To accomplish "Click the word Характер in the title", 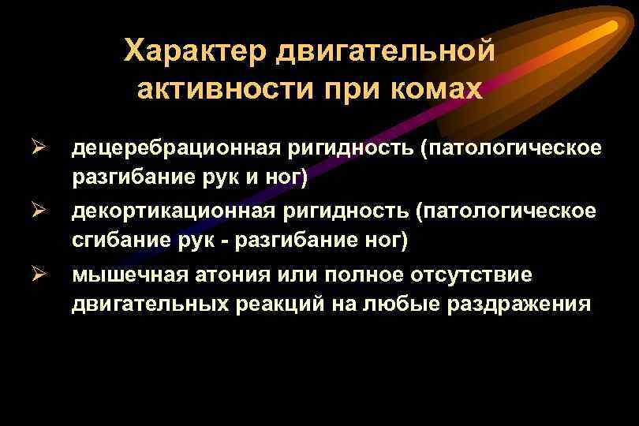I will [x=194, y=52].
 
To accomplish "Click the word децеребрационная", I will [x=185, y=148].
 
